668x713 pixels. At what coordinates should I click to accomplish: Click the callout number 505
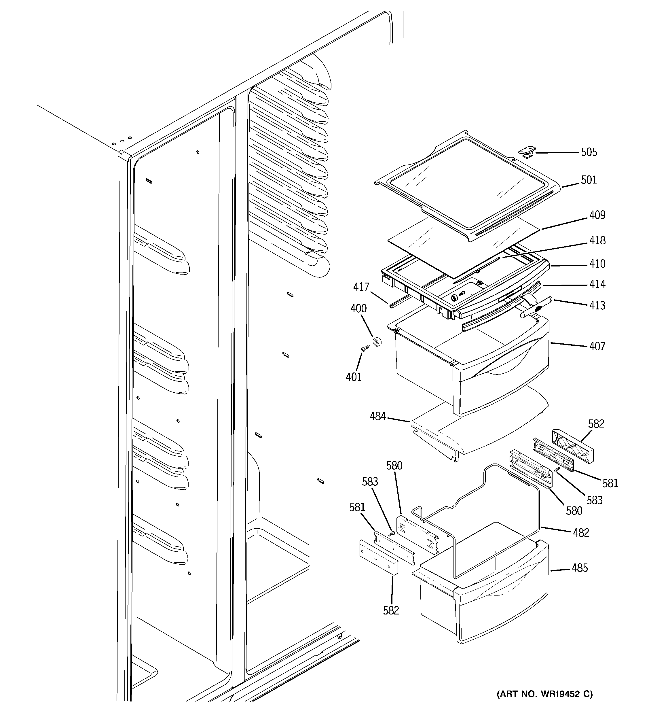click(589, 152)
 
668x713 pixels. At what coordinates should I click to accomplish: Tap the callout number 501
click(589, 180)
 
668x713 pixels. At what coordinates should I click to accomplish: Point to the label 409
click(597, 215)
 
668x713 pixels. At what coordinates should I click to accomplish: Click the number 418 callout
click(597, 240)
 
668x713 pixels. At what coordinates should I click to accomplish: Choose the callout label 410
click(597, 264)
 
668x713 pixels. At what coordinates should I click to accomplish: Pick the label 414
click(597, 284)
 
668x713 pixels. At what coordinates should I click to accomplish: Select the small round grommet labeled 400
click(377, 342)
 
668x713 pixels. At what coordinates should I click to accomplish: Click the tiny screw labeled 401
click(365, 348)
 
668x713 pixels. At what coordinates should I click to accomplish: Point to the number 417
click(361, 287)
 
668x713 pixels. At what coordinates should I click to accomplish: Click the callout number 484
click(377, 416)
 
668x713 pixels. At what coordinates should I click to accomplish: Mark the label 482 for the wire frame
click(580, 533)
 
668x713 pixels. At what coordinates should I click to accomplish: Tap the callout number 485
click(580, 568)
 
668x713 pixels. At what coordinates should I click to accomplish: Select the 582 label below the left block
click(391, 610)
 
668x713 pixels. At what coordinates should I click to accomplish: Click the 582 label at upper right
click(596, 424)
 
